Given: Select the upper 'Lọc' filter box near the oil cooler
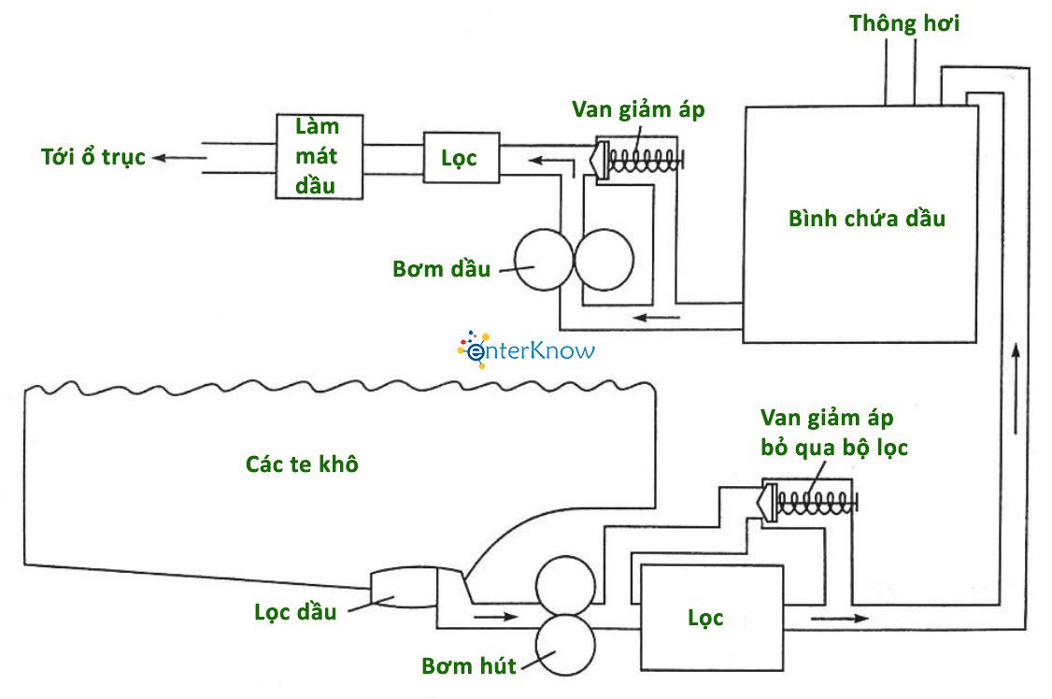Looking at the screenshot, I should (x=461, y=157).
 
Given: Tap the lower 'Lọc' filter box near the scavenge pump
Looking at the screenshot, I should (x=706, y=617).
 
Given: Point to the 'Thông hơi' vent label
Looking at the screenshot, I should (x=903, y=23).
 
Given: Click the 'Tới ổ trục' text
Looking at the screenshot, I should (x=93, y=157).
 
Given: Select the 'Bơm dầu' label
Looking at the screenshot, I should (x=441, y=270).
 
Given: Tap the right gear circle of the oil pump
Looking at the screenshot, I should (x=604, y=258).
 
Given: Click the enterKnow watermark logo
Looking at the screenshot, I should (x=525, y=349).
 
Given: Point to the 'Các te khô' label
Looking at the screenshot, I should (x=302, y=464).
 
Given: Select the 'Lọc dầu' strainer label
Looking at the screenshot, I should (x=295, y=612).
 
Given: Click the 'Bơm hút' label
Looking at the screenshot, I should (x=468, y=667).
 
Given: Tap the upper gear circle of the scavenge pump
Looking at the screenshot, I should (x=564, y=585).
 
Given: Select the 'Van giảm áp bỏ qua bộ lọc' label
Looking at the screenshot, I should (x=833, y=432).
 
